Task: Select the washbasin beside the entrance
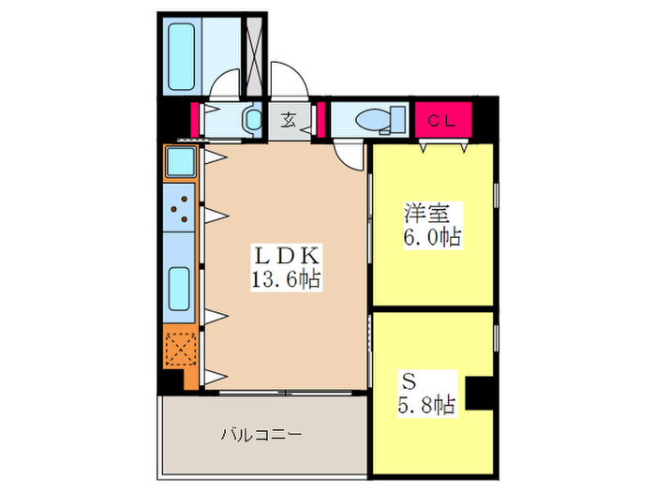251,120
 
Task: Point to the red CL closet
443,119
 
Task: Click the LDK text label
287,254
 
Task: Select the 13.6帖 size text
287,277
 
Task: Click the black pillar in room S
480,392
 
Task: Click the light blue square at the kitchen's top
180,162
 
